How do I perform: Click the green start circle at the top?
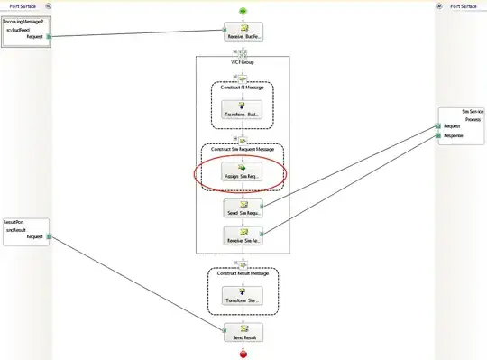243,10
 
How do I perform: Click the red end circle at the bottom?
243,354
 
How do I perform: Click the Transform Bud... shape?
243,112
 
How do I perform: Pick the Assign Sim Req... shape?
243,171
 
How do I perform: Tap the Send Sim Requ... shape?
243,208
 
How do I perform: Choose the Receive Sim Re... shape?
243,236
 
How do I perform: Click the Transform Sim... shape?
243,295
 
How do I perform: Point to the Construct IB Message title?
242,87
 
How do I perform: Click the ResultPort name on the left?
13,220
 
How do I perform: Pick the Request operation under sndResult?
35,236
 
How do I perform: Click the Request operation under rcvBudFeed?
35,37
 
